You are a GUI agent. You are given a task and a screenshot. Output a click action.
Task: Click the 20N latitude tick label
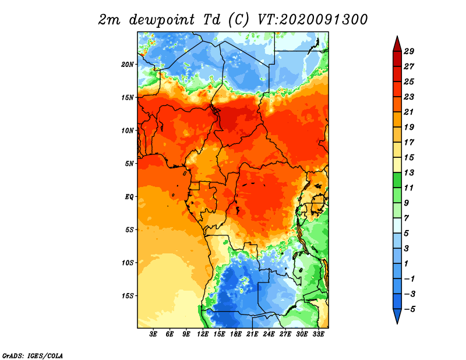click(128, 64)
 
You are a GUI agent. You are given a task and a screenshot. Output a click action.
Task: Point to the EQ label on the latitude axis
click(129, 196)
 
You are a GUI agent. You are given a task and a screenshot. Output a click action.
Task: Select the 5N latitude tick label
click(129, 164)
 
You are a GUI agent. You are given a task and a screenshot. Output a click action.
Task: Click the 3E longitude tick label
click(153, 334)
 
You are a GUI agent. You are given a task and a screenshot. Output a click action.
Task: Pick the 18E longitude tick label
click(236, 334)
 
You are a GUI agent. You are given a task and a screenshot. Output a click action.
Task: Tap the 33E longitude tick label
click(318, 334)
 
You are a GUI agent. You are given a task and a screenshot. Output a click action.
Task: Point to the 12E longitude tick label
click(203, 334)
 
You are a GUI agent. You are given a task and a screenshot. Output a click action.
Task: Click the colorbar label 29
click(409, 51)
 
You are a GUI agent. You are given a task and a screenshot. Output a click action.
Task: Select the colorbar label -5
click(409, 309)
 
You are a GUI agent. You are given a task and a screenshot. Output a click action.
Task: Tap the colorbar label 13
click(409, 172)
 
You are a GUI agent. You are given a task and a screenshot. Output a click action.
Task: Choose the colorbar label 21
click(409, 112)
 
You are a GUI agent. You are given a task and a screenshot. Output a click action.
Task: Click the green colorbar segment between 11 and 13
click(397, 180)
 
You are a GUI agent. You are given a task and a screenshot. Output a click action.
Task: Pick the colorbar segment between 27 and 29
click(397, 59)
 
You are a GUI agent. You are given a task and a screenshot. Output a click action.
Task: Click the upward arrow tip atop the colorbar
click(397, 36)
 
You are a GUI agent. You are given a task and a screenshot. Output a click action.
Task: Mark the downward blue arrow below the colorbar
click(397, 316)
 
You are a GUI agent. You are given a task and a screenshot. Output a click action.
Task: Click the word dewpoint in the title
click(162, 20)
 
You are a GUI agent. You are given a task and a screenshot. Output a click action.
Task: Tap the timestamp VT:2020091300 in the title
click(312, 20)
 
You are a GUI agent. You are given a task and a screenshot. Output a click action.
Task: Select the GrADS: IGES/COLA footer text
click(33, 356)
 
